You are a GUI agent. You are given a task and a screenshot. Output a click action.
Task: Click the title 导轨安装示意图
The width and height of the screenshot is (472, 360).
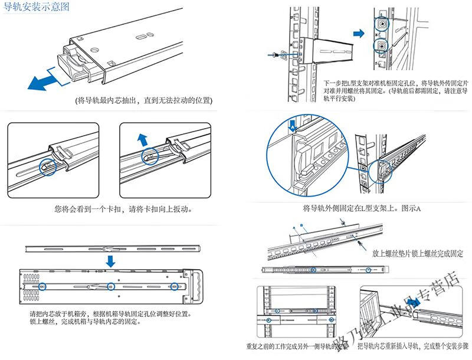coord(37,8)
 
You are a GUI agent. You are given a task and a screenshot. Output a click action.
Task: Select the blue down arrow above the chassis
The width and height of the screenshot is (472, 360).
coord(110,260)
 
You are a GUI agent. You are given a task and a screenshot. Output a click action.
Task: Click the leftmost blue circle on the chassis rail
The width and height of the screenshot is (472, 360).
coord(43,287)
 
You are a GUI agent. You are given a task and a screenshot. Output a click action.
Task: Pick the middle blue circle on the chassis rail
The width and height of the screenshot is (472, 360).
coord(110,287)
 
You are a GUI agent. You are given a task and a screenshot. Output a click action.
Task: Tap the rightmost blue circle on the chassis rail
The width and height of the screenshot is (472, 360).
coord(173,287)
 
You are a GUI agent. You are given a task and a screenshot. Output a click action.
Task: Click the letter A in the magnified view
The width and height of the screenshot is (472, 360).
coord(291,125)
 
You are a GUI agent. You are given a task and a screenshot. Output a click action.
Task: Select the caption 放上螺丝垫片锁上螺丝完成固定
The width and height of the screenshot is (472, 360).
coord(417,254)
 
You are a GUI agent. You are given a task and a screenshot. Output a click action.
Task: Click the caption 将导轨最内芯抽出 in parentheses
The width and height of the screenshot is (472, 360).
coord(145,101)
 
